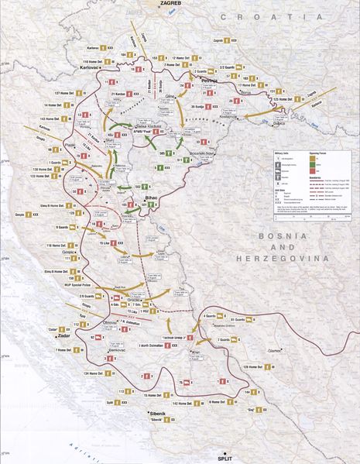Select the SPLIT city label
coord(225,457)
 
